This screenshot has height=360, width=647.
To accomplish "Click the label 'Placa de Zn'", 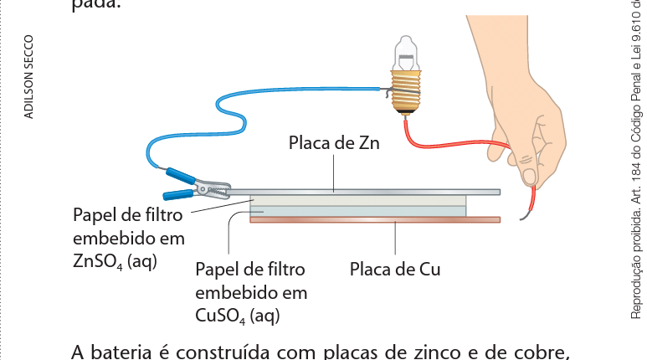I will click(x=334, y=143).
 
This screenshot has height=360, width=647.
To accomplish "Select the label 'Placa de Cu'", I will click(x=394, y=270).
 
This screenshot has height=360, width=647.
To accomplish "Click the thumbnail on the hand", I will click(x=529, y=175).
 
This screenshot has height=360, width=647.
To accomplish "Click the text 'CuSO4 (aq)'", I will click(x=237, y=315).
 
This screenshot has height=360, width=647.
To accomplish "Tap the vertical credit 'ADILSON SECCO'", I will click(x=29, y=75).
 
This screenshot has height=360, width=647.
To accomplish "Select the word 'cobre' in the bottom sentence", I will click(x=544, y=351).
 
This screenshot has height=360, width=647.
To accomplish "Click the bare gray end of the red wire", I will click(x=525, y=217).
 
